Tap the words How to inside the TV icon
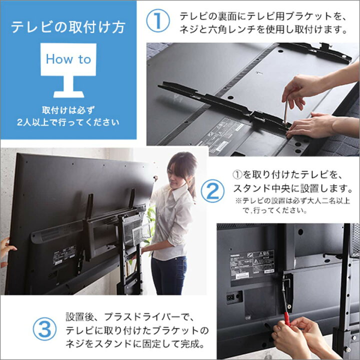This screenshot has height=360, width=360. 68,59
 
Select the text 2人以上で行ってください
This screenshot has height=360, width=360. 68,121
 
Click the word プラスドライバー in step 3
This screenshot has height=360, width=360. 131,317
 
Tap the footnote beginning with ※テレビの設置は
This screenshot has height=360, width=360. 274,205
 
